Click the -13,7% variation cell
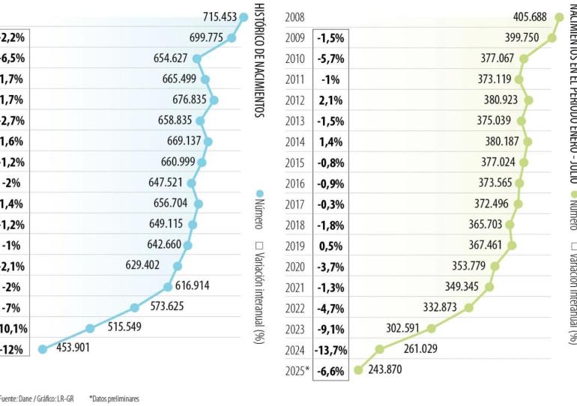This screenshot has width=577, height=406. point(330,349)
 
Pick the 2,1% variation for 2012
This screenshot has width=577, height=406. point(330,100)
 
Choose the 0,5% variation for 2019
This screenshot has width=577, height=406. point(330,245)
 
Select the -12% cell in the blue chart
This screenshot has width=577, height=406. point(13,349)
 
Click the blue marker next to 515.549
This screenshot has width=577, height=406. point(90,328)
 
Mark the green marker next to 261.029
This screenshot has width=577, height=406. point(380,349)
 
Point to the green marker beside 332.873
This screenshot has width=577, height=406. point(468,307)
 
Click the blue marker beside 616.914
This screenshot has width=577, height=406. point(168,286)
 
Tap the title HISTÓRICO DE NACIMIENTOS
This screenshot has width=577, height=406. point(260,60)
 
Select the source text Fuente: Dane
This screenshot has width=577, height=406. point(19,399)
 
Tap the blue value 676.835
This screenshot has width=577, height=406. point(189,100)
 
